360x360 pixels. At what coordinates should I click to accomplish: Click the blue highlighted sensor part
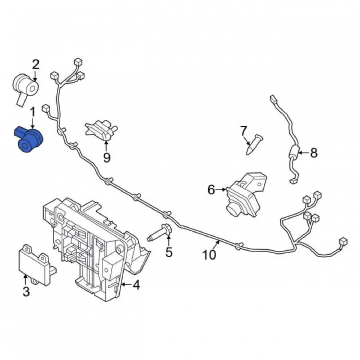pos(29,140)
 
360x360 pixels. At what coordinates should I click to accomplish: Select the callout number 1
pos(33,113)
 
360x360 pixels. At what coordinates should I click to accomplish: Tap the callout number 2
pos(35,65)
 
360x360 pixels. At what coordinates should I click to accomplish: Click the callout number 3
pos(26,292)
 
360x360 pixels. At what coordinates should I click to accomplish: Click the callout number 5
pos(169,252)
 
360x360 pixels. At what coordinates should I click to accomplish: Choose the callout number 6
pos(211,190)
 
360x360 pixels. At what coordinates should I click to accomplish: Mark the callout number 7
pos(243,131)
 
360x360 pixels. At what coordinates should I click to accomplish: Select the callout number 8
pos(314,153)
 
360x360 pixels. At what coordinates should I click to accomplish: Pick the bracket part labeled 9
pos(101,130)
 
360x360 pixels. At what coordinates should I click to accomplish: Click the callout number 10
pos(209,255)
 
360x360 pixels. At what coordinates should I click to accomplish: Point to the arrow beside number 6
pos(221,189)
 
